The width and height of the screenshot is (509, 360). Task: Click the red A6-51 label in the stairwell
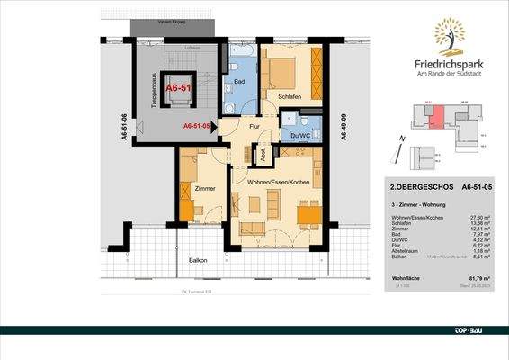coord(177,88)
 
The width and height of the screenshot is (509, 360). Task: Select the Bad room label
coord(240,81)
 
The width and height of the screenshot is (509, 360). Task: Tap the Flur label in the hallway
coord(254,128)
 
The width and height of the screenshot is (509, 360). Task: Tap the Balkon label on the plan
coord(197,261)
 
